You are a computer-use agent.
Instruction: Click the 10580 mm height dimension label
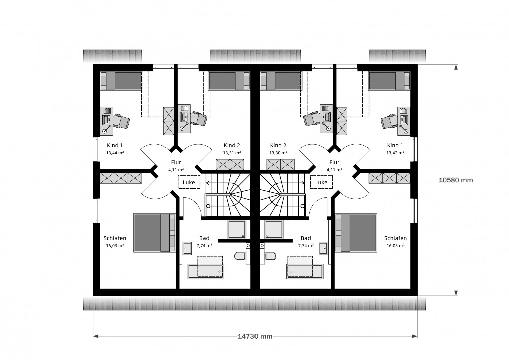point(456,180)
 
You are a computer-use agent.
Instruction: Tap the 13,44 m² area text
point(115,153)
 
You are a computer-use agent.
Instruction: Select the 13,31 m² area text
point(232,153)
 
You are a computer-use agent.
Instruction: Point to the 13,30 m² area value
point(278,153)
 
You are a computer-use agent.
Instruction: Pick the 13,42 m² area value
point(395,153)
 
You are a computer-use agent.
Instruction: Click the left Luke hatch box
point(189,182)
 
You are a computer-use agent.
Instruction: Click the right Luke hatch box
point(321,182)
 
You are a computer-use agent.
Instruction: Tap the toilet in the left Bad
point(240,256)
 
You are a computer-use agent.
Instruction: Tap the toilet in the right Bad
point(270,256)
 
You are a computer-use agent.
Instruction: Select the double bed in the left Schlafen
point(154,233)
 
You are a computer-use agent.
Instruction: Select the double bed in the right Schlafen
point(356,233)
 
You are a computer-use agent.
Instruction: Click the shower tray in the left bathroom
point(237,229)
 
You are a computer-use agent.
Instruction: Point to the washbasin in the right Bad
point(323,249)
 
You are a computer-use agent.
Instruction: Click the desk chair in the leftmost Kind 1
point(121,121)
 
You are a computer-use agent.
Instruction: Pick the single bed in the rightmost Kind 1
point(389,81)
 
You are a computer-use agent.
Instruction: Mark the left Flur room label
point(176,162)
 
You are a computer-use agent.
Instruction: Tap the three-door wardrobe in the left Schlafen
point(121,178)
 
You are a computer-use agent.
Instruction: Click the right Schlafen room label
point(395,238)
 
